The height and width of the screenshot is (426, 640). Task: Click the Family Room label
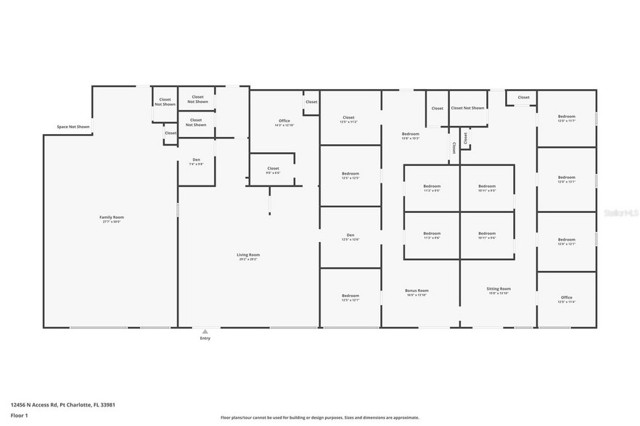[x=110, y=217]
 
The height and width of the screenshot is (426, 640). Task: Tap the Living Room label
[x=248, y=255]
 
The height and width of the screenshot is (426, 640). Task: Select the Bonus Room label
[x=417, y=291]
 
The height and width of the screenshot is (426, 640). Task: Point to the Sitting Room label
[x=499, y=290]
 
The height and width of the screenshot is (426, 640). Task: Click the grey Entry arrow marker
[x=205, y=331]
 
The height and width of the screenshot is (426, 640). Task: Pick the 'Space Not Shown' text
[x=73, y=127]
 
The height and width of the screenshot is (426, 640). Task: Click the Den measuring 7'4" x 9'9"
[x=196, y=161]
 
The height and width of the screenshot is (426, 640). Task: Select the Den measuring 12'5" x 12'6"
[x=350, y=236]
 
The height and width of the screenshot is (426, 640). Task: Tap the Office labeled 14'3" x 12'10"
[x=284, y=122]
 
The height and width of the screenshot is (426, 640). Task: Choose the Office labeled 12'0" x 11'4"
[x=566, y=298]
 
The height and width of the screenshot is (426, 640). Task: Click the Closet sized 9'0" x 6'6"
[x=273, y=170]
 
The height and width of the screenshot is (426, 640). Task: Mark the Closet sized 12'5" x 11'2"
[x=348, y=118]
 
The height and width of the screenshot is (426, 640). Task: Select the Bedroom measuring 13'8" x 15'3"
[x=411, y=135]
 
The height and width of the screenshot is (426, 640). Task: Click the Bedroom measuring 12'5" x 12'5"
[x=350, y=175]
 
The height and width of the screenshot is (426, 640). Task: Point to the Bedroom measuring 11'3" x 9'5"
[x=432, y=188]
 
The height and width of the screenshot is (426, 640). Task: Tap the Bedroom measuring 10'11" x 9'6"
[x=487, y=235]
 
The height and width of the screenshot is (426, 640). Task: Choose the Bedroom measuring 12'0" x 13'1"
[x=566, y=178]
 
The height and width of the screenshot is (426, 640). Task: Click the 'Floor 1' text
[x=19, y=415]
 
